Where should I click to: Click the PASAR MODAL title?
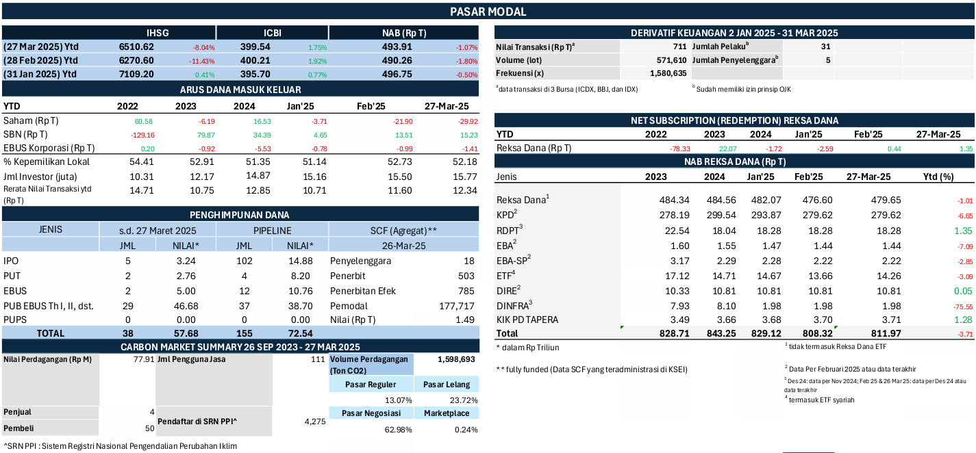[x=488, y=12]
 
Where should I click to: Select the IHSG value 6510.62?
[x=136, y=47]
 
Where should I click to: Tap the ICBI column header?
[x=273, y=33]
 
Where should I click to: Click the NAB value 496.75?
[x=396, y=75]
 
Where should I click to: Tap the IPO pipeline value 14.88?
[x=301, y=261]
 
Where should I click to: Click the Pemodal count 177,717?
[x=455, y=305]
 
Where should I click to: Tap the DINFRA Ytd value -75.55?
[x=944, y=305]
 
